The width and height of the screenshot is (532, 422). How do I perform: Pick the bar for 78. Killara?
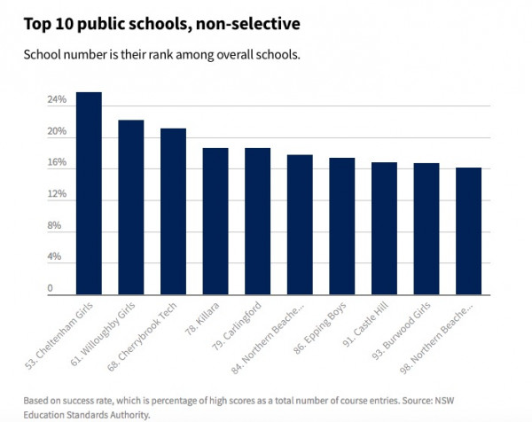[215, 221]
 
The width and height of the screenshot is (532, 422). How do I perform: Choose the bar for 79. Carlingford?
[258, 221]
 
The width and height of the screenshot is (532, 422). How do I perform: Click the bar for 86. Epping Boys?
[342, 226]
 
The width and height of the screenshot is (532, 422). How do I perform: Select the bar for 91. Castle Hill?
[384, 228]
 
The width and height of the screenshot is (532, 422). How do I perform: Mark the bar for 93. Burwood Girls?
[426, 229]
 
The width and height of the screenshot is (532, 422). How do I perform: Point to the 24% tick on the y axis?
[58, 100]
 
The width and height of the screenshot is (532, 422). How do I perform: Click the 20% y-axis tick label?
[58, 132]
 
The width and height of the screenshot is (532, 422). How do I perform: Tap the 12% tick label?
[58, 194]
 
